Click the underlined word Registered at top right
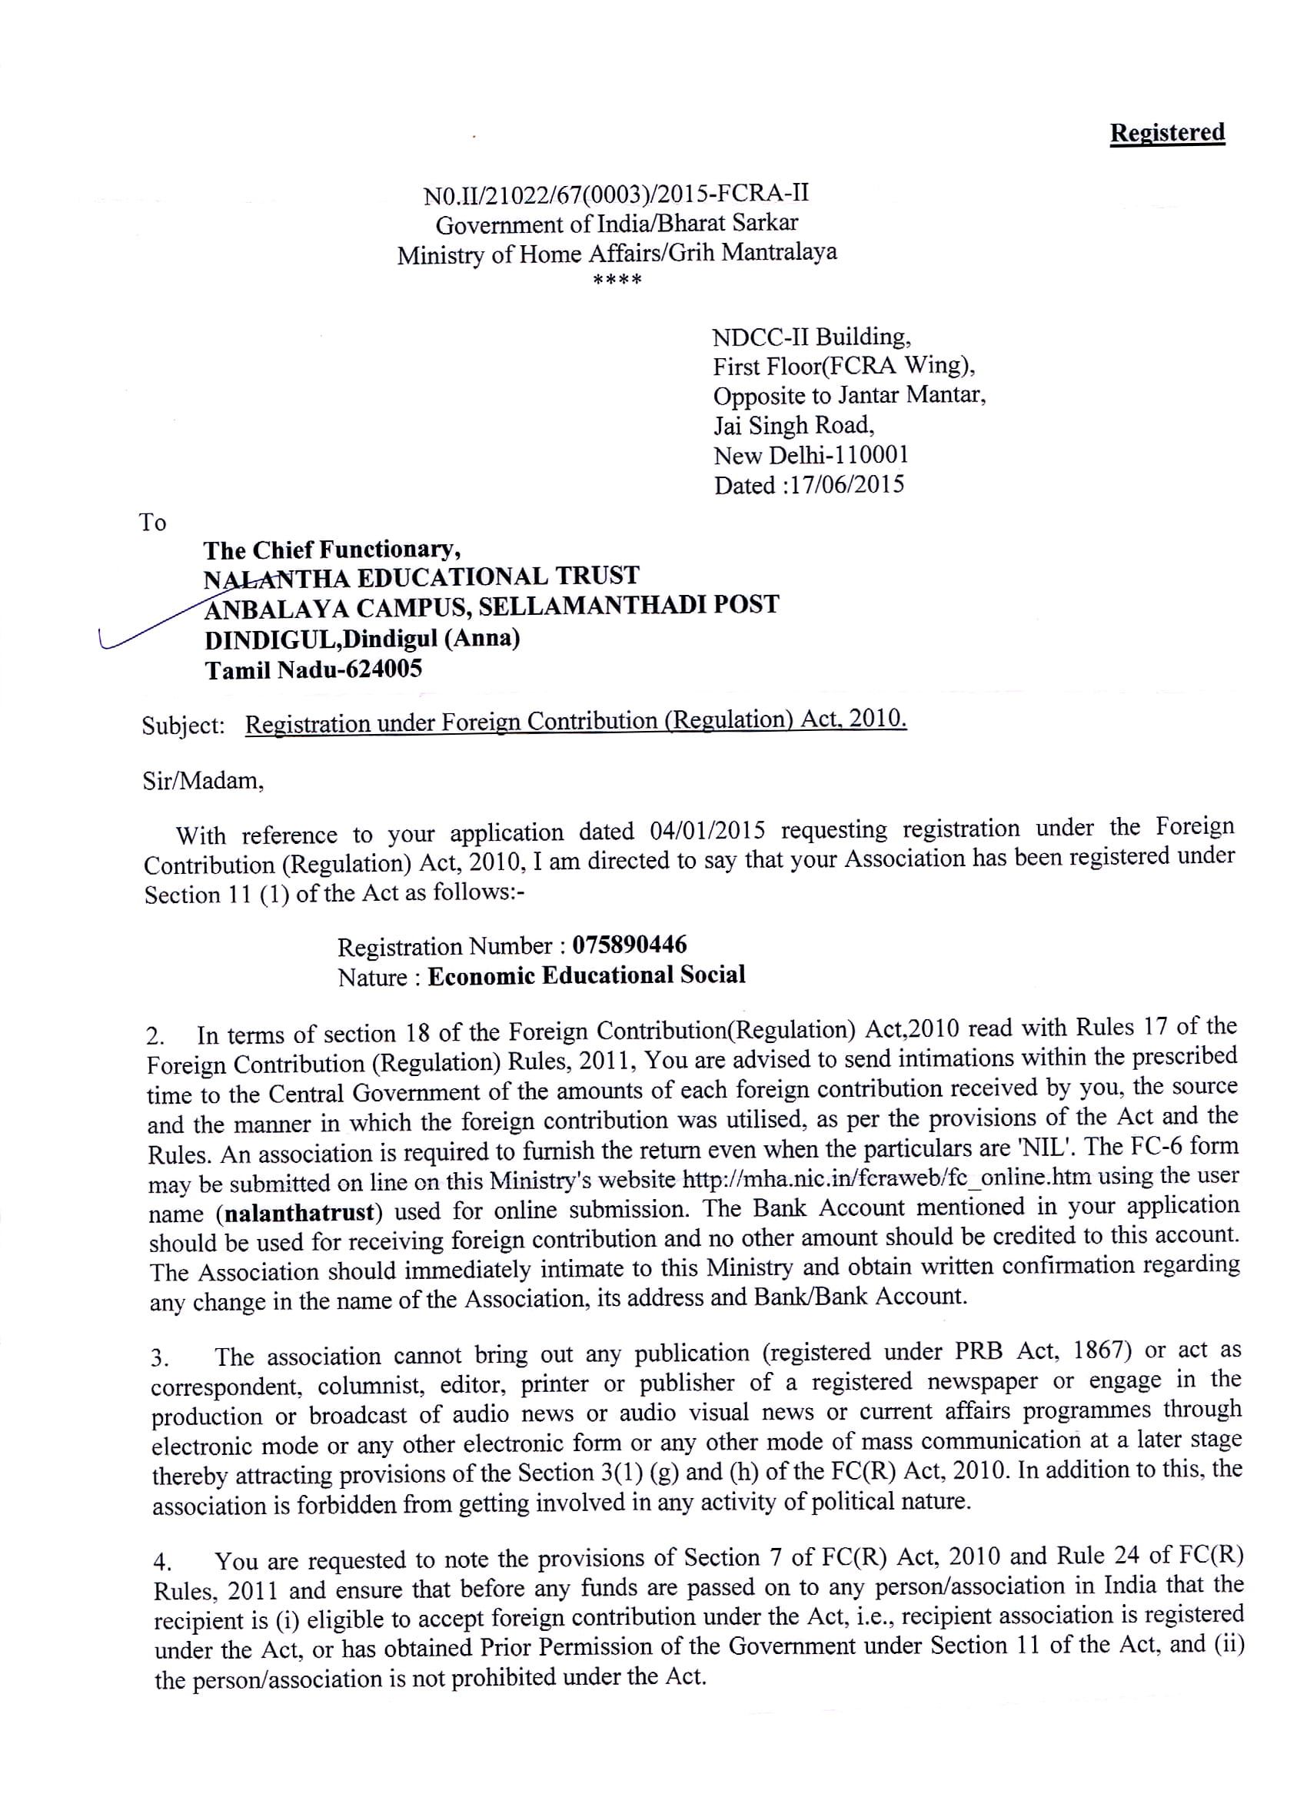(1167, 133)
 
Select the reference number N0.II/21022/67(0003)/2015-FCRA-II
(617, 195)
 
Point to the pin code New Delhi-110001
(811, 456)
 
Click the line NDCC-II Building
(811, 337)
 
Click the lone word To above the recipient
(153, 523)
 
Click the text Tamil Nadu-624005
(314, 670)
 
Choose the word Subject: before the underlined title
(183, 725)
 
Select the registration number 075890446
(630, 945)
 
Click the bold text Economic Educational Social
(587, 975)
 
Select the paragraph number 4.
(161, 1563)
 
